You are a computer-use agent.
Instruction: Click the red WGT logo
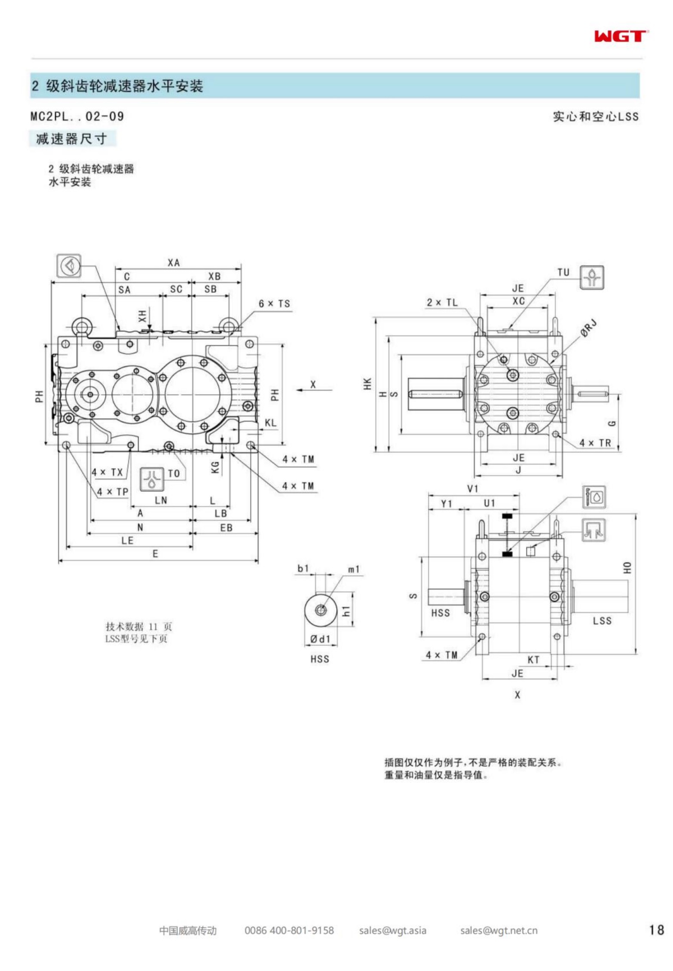tap(621, 37)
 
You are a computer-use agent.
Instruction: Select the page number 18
tap(656, 930)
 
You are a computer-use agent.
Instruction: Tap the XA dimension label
tap(174, 263)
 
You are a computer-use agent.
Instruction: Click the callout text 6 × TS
tap(274, 304)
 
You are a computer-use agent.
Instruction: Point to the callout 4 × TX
tap(107, 472)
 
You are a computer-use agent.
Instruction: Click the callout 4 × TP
tap(112, 492)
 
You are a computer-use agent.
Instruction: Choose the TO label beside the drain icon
tap(174, 474)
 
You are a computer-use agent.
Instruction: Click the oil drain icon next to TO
tap(152, 479)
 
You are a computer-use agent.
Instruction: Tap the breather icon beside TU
tap(592, 277)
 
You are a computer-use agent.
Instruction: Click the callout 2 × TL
tap(442, 302)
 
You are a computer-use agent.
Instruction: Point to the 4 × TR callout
tap(595, 443)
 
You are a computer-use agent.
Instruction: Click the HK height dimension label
tap(367, 384)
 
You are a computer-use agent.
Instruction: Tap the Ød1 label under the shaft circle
tap(321, 639)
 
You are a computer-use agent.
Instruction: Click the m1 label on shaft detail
tap(354, 569)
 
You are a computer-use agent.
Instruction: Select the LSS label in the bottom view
tap(602, 621)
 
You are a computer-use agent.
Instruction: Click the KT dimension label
tap(533, 660)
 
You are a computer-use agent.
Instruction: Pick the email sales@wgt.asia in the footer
tap(393, 930)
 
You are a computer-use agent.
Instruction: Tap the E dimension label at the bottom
tap(155, 554)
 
